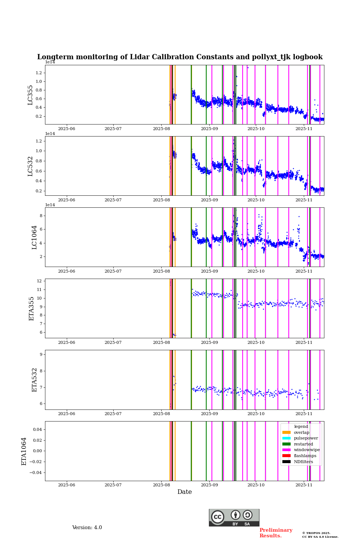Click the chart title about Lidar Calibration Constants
(180, 57)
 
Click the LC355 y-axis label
(30, 95)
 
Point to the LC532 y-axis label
(30, 166)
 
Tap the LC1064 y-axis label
(34, 237)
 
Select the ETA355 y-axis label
(31, 309)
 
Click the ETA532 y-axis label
(34, 380)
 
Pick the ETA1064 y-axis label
(24, 451)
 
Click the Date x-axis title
(184, 492)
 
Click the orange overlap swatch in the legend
(286, 432)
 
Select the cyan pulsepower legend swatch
(286, 438)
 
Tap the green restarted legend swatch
(286, 444)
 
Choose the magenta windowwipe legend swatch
(286, 450)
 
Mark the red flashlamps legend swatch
(286, 456)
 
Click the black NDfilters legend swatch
(286, 462)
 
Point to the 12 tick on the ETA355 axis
(39, 281)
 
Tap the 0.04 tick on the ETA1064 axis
(36, 429)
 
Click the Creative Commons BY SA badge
(234, 517)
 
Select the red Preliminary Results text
(276, 533)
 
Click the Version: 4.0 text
(87, 528)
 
